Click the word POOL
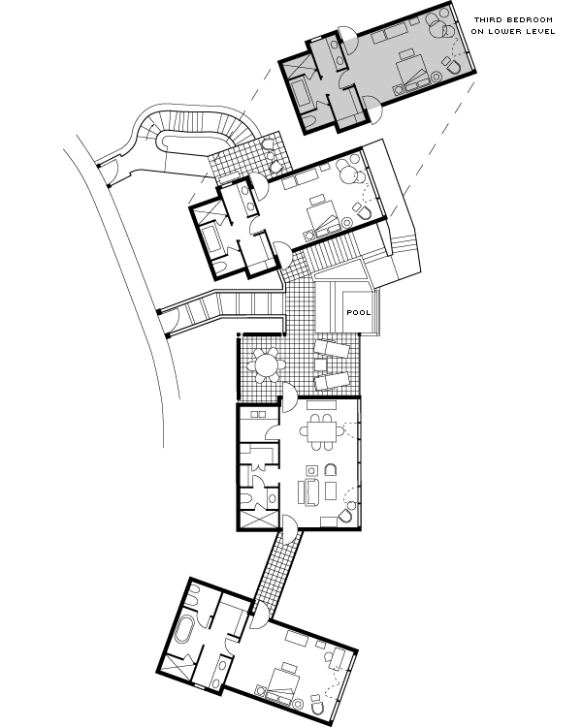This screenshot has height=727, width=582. [359, 312]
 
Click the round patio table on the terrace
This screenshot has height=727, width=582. [267, 364]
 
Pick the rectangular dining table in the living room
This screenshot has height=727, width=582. [322, 432]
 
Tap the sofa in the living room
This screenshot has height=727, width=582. [309, 491]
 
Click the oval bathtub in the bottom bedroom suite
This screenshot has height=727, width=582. [184, 629]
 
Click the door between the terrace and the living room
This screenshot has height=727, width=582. [289, 397]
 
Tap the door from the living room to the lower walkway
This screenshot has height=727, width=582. [289, 528]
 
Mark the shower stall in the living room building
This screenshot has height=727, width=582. [259, 520]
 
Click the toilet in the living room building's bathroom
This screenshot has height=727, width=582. [246, 500]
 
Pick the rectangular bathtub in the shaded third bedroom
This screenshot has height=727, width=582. [302, 93]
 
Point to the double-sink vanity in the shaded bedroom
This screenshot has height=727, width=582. [337, 51]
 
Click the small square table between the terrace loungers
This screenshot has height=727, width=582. [320, 364]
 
